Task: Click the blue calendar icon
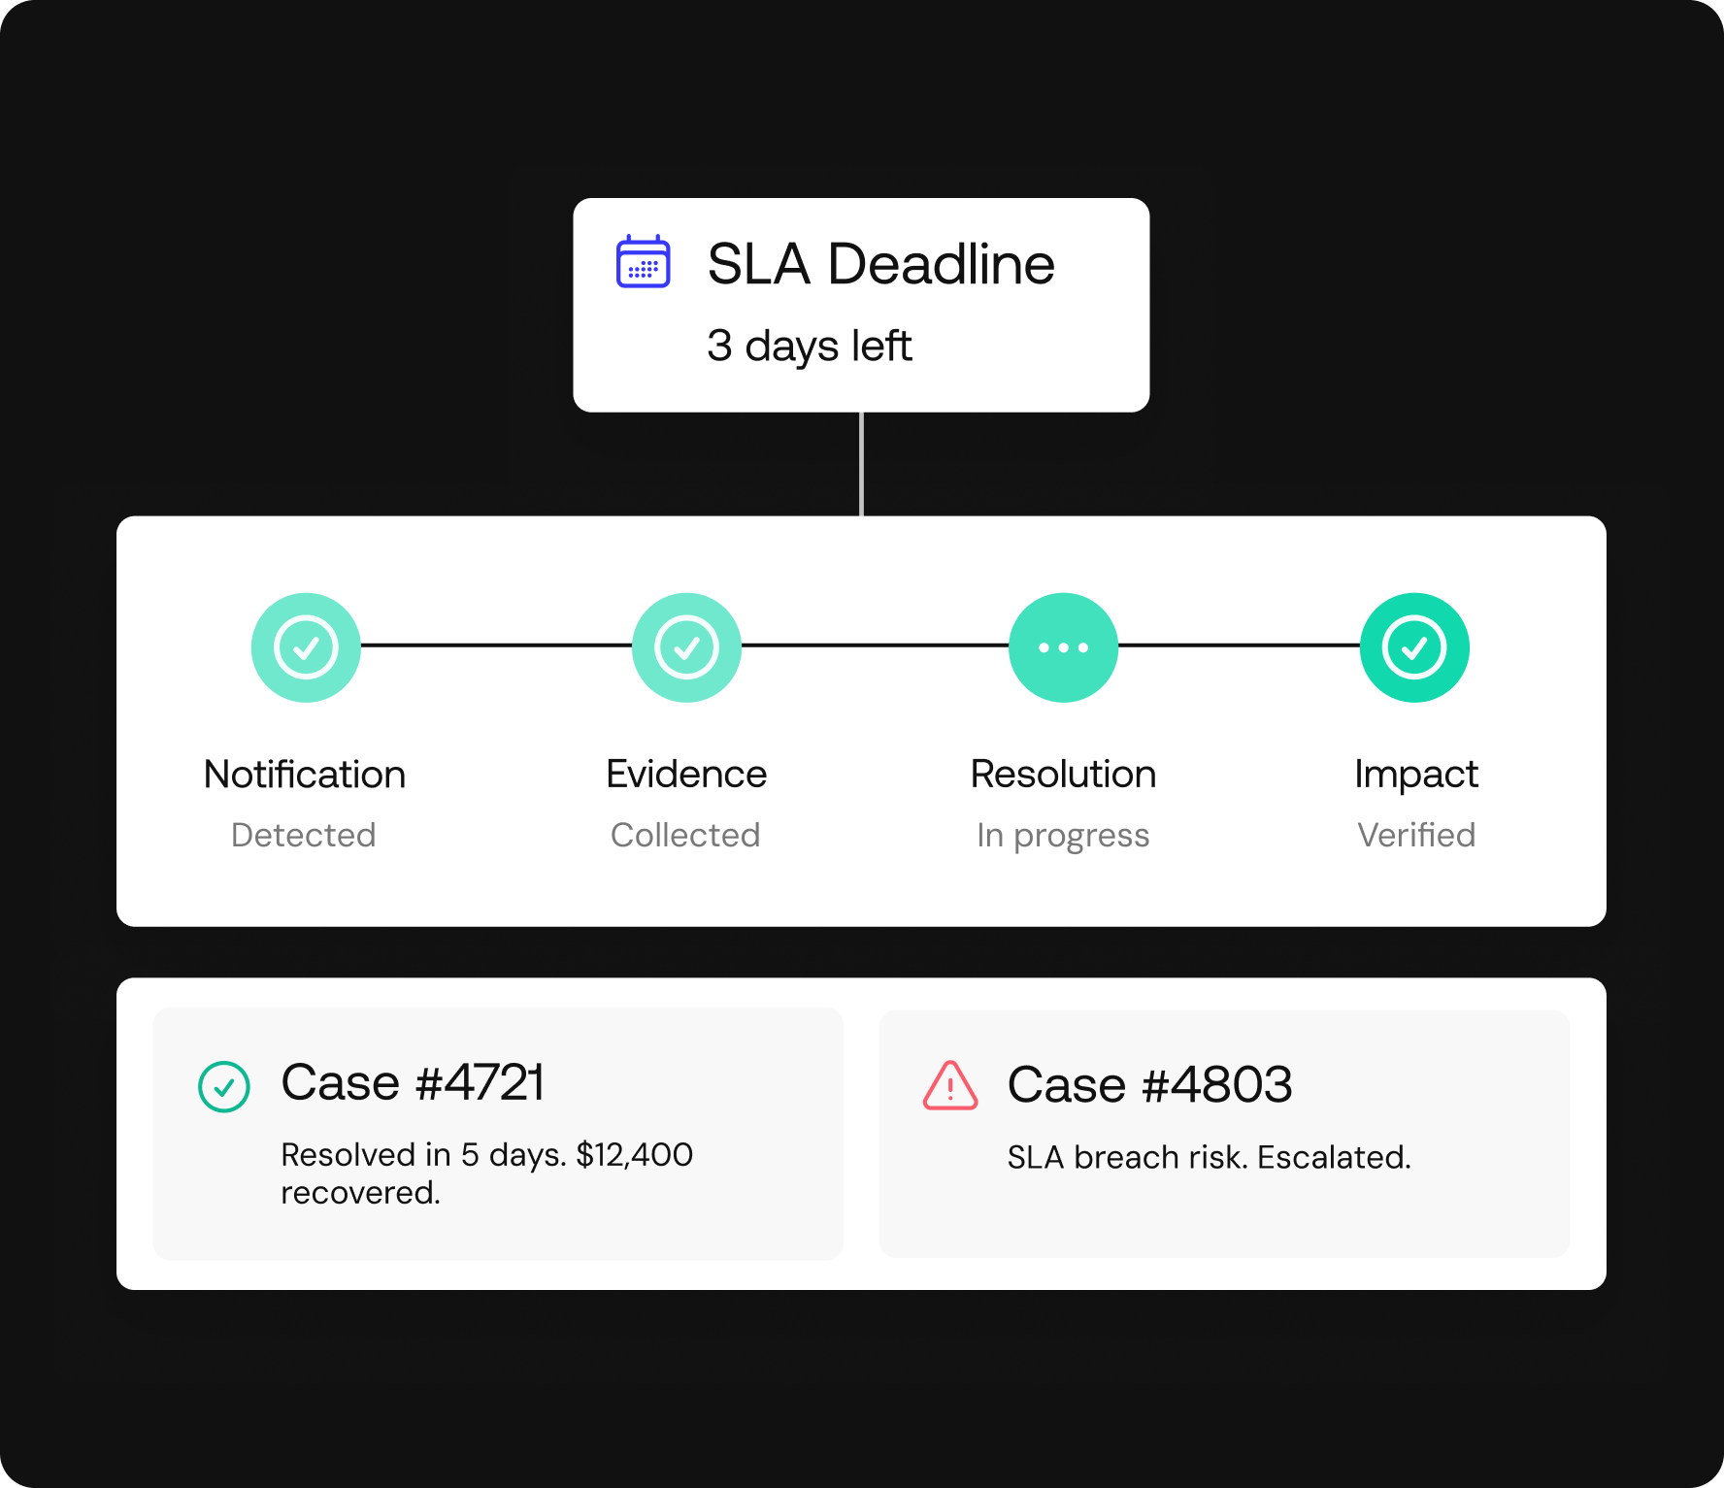pyautogui.click(x=643, y=261)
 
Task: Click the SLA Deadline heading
pyautogui.click(x=880, y=264)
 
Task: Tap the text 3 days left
pyautogui.click(x=810, y=347)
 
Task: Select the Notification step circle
pyautogui.click(x=306, y=647)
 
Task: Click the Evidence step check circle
pyautogui.click(x=686, y=647)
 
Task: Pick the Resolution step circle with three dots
pyautogui.click(x=1064, y=647)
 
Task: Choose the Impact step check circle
pyautogui.click(x=1414, y=647)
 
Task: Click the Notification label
pyautogui.click(x=305, y=775)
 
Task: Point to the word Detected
pyautogui.click(x=304, y=835)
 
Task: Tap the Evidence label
pyautogui.click(x=686, y=775)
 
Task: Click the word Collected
pyautogui.click(x=685, y=835)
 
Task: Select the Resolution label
pyautogui.click(x=1064, y=775)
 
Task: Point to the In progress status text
pyautogui.click(x=1063, y=837)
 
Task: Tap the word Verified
pyautogui.click(x=1416, y=835)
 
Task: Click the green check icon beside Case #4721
pyautogui.click(x=224, y=1086)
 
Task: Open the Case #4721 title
pyautogui.click(x=413, y=1082)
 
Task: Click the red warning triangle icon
pyautogui.click(x=950, y=1085)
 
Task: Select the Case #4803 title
pyautogui.click(x=1150, y=1084)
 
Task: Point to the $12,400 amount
pyautogui.click(x=635, y=1155)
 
